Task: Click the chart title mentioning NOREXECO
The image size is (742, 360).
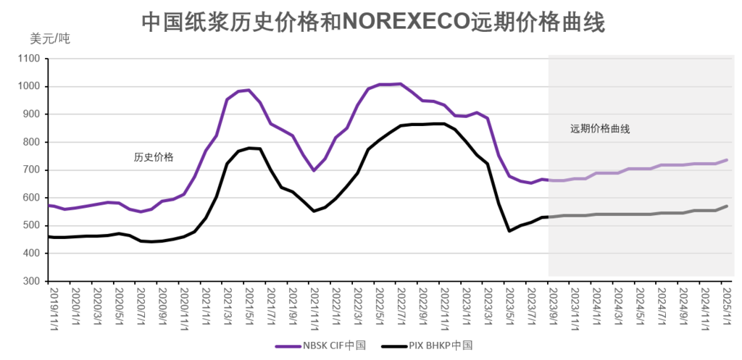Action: [372, 21]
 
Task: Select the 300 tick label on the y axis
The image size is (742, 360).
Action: [33, 281]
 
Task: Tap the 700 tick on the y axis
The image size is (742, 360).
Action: [33, 170]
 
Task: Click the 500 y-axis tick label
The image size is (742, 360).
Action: [33, 225]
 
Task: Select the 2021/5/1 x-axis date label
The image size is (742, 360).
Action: [250, 309]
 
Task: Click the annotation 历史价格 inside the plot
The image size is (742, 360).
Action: [154, 156]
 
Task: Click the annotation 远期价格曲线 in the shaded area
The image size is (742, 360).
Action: [599, 129]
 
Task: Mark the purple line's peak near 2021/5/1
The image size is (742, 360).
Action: [249, 90]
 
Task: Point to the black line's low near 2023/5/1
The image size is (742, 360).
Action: [509, 231]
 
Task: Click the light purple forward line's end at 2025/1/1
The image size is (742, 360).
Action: [727, 160]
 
